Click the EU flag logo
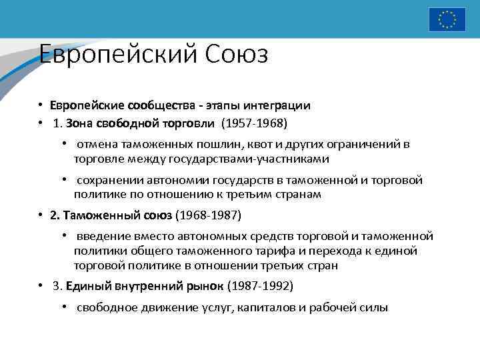[x=447, y=19]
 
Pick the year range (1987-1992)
[x=260, y=286]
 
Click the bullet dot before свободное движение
[x=65, y=307]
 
